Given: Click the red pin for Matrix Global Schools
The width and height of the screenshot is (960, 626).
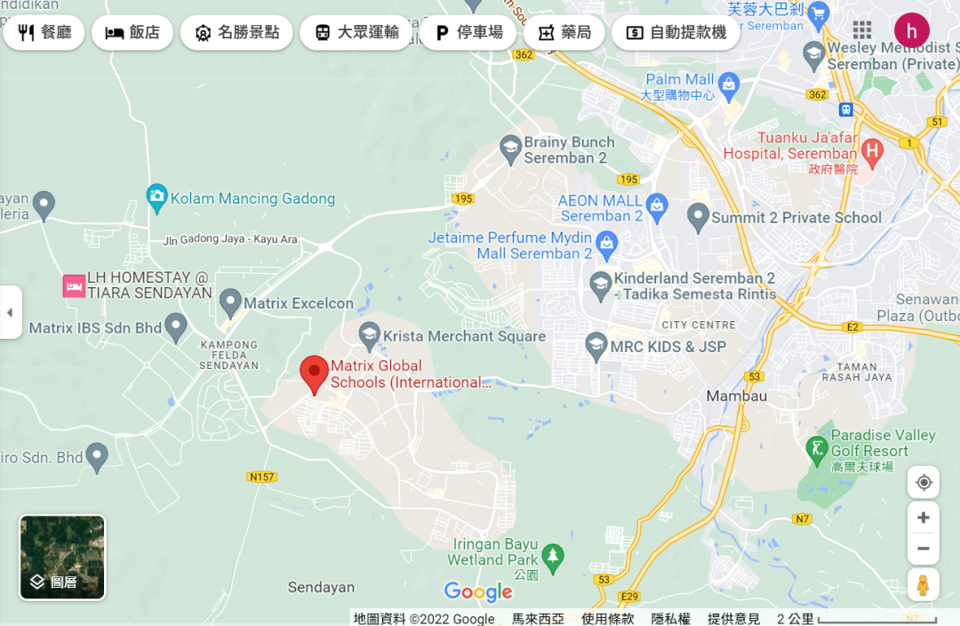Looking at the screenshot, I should (x=313, y=373).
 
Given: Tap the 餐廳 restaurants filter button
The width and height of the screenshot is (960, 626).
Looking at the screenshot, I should (x=44, y=33).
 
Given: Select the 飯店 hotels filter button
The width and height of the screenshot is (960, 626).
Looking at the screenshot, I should (x=132, y=33).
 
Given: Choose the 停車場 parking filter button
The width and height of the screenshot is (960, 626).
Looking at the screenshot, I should (x=468, y=33).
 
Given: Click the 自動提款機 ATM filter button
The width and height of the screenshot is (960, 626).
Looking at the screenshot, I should (x=676, y=33).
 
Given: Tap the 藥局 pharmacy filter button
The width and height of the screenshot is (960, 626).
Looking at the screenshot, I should (x=564, y=33).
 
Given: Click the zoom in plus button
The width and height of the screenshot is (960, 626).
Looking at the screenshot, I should (x=924, y=518).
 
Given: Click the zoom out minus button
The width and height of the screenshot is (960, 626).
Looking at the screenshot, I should (x=924, y=548).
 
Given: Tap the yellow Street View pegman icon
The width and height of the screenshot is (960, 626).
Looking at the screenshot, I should (x=924, y=585).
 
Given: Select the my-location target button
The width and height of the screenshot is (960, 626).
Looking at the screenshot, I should (x=924, y=482).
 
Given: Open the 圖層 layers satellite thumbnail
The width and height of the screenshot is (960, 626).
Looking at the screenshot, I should (x=62, y=558).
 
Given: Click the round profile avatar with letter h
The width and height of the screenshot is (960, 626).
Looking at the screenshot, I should (x=911, y=30).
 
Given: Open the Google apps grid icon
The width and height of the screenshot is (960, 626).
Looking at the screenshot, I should (x=861, y=30).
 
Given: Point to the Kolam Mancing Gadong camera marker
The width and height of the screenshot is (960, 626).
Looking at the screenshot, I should (x=157, y=197).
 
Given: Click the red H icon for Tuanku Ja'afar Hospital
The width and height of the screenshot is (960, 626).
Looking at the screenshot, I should (x=872, y=152).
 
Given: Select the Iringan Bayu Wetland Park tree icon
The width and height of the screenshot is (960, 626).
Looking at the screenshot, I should (x=553, y=557).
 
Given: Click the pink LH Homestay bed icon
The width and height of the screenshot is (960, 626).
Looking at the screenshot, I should (x=73, y=286).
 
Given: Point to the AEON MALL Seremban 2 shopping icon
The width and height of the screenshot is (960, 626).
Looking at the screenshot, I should (x=657, y=205).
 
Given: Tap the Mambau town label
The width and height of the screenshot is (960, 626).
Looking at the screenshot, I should (x=736, y=396).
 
